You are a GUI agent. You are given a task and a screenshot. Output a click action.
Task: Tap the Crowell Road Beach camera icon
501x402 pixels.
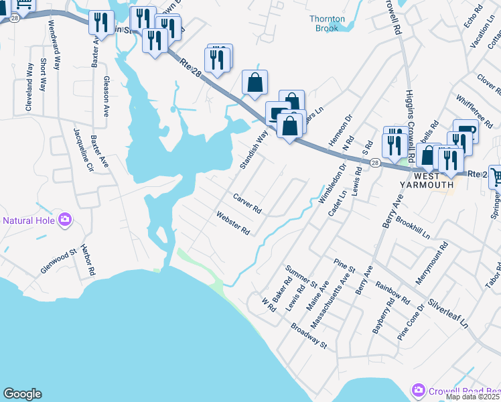[419, 389]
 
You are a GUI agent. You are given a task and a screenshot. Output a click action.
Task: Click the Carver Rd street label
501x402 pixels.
[246, 203]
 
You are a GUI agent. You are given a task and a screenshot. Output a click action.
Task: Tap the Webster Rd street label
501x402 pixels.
[232, 223]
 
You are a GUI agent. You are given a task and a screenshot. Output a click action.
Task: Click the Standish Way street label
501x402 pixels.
[254, 149]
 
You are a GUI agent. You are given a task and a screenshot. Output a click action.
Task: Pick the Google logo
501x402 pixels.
[22, 394]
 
